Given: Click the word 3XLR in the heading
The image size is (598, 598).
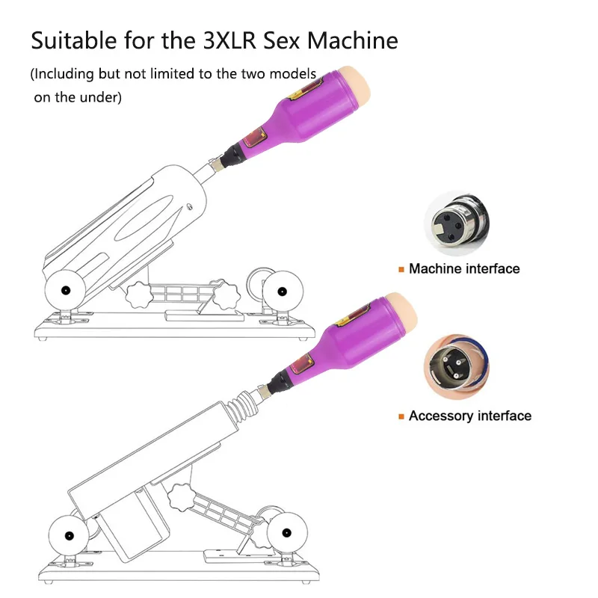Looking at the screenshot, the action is click(229, 40).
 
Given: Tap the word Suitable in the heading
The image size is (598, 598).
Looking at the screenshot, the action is click(73, 40).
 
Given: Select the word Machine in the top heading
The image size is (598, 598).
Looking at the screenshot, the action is click(353, 40).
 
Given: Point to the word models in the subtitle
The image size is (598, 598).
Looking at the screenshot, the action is click(292, 73).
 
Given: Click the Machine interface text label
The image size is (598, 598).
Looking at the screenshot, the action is click(464, 268).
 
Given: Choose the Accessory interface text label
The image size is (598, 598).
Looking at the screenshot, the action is click(470, 416).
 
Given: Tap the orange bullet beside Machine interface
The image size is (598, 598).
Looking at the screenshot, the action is click(401, 270).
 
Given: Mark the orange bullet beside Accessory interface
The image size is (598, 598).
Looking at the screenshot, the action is click(401, 416).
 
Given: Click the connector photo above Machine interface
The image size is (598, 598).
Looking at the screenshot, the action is click(457, 224).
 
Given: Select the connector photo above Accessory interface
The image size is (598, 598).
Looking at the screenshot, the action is click(457, 367).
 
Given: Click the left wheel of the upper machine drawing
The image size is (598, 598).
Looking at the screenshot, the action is click(65, 290).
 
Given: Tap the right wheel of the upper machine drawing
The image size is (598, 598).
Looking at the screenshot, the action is click(283, 292).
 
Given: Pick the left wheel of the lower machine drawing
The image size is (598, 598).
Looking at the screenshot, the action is click(69, 535).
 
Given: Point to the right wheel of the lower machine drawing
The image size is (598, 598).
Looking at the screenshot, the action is click(287, 532).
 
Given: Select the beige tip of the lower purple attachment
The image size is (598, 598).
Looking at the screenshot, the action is click(403, 312).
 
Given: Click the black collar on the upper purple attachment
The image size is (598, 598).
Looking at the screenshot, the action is click(232, 156).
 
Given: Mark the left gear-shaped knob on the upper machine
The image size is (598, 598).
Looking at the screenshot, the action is click(139, 295).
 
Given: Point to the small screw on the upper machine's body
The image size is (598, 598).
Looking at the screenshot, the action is click(190, 207).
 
